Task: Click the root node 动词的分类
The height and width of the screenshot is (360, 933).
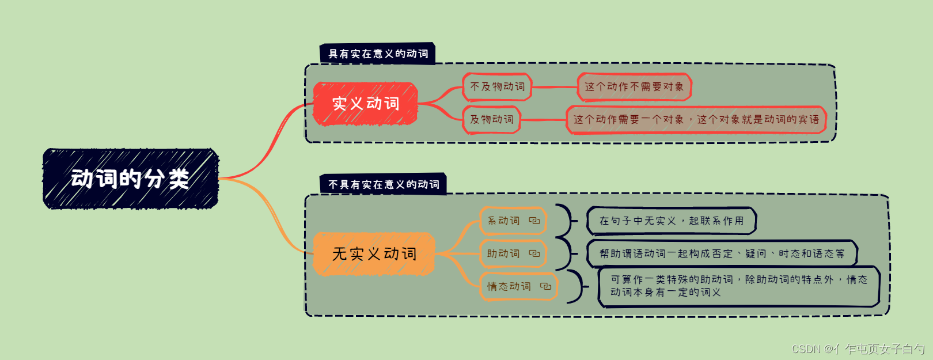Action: pyautogui.click(x=131, y=179)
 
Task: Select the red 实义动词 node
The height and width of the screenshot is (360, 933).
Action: pyautogui.click(x=365, y=104)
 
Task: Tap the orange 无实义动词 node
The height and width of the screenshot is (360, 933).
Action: pyautogui.click(x=374, y=254)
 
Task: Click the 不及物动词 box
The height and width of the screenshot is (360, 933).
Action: pyautogui.click(x=497, y=87)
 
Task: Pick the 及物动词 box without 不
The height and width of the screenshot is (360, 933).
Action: pyautogui.click(x=491, y=120)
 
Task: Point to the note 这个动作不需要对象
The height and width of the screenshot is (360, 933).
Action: pyautogui.click(x=634, y=87)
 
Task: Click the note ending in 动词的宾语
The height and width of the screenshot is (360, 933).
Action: pyautogui.click(x=696, y=120)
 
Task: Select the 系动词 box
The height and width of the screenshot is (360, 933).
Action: pyautogui.click(x=504, y=221)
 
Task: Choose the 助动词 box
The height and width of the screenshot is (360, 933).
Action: pyautogui.click(x=504, y=253)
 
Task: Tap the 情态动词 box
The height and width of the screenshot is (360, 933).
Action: pyautogui.click(x=509, y=286)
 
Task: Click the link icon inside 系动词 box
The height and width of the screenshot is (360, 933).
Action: pyautogui.click(x=534, y=221)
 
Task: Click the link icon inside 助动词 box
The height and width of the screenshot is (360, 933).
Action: pyautogui.click(x=534, y=253)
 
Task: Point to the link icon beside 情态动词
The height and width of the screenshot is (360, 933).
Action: pyautogui.click(x=545, y=286)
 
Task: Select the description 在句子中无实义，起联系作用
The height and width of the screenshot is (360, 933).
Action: pyautogui.click(x=671, y=221)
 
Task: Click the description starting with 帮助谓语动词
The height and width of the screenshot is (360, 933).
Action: pyautogui.click(x=722, y=253)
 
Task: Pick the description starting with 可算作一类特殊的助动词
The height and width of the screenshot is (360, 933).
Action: pyautogui.click(x=739, y=286)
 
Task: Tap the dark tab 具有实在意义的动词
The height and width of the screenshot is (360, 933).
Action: pyautogui.click(x=378, y=54)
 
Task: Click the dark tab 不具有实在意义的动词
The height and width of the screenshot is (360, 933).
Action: pyautogui.click(x=384, y=184)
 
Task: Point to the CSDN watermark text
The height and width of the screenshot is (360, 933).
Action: pyautogui.click(x=858, y=349)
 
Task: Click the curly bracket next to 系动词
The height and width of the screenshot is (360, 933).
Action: pyautogui.click(x=567, y=221)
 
